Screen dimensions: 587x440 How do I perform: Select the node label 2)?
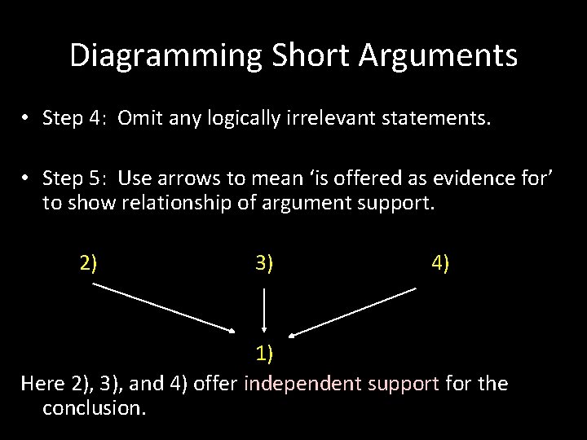click(89, 262)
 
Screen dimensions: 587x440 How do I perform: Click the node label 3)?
click(264, 262)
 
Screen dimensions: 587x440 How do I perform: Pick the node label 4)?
click(439, 262)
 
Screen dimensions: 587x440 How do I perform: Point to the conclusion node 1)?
click(264, 353)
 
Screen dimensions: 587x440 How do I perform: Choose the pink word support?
click(404, 383)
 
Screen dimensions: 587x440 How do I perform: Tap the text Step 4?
click(76, 120)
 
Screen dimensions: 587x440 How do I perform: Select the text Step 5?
click(76, 179)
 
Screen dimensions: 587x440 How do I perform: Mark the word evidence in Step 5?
click(437, 179)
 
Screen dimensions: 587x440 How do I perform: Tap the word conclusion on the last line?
click(94, 407)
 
